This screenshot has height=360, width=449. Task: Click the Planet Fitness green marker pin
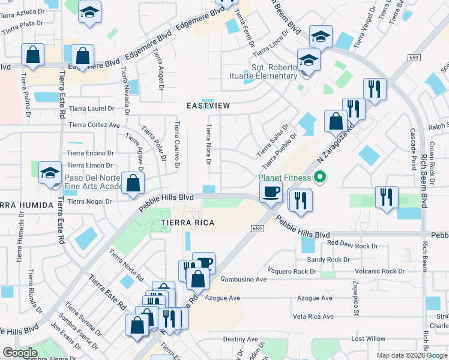coord(320,177)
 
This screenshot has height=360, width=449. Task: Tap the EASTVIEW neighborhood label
coord(208,106)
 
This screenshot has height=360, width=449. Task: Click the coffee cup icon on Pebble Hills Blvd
coord(271,192)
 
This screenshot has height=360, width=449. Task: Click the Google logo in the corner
coord(20,353)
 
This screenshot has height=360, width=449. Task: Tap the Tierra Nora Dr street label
coord(209,144)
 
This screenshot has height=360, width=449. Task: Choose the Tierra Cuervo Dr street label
coord(176,145)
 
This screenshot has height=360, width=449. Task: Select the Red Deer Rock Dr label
coord(352,245)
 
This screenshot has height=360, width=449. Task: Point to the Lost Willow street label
coord(368,339)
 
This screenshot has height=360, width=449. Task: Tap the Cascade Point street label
coord(413,149)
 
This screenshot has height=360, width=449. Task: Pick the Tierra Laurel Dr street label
coord(91,109)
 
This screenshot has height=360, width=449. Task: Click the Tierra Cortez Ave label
coord(94,125)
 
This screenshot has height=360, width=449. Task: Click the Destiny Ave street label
coord(240,339)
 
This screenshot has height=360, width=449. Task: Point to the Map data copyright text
coord(411,355)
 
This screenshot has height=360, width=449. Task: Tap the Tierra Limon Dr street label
coord(90,166)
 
